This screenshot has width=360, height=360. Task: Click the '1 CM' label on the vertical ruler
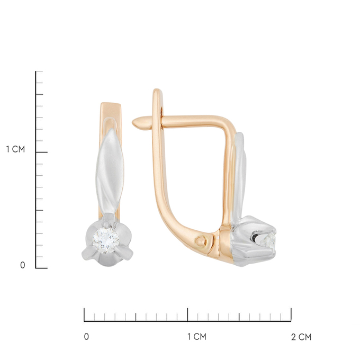pos(15,149)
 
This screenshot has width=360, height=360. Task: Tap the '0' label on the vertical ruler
pos(22,265)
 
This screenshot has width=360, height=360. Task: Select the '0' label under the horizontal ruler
pos(86,337)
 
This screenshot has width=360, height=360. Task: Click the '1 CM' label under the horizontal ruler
pos(197,337)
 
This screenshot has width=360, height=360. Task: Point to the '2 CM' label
pos(301,337)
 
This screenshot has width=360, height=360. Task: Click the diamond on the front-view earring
pos(105,240)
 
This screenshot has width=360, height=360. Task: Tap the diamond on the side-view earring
pos(268,240)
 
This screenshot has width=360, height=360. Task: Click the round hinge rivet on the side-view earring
pos(201,241)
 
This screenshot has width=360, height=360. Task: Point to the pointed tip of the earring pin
pos(133,123)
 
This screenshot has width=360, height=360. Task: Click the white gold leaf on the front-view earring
pos(110,171)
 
